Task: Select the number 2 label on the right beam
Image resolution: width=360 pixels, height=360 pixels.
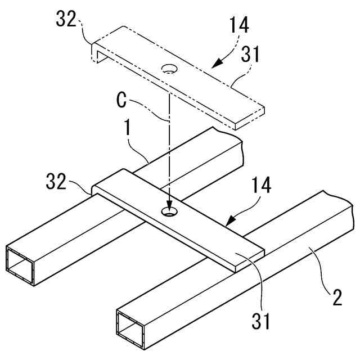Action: (x=336, y=297)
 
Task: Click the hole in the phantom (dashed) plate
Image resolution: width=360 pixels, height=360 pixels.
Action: (x=169, y=69)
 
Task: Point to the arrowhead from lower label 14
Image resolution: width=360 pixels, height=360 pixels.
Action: (x=228, y=223)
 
